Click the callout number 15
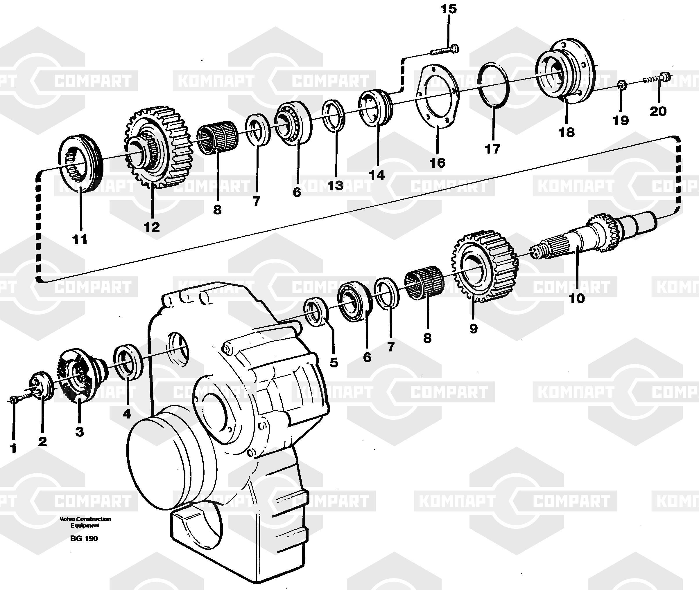[449, 9]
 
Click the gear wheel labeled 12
[157, 147]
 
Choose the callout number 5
[334, 362]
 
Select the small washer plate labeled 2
[42, 385]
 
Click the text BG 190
[84, 539]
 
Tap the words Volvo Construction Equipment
[85, 522]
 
